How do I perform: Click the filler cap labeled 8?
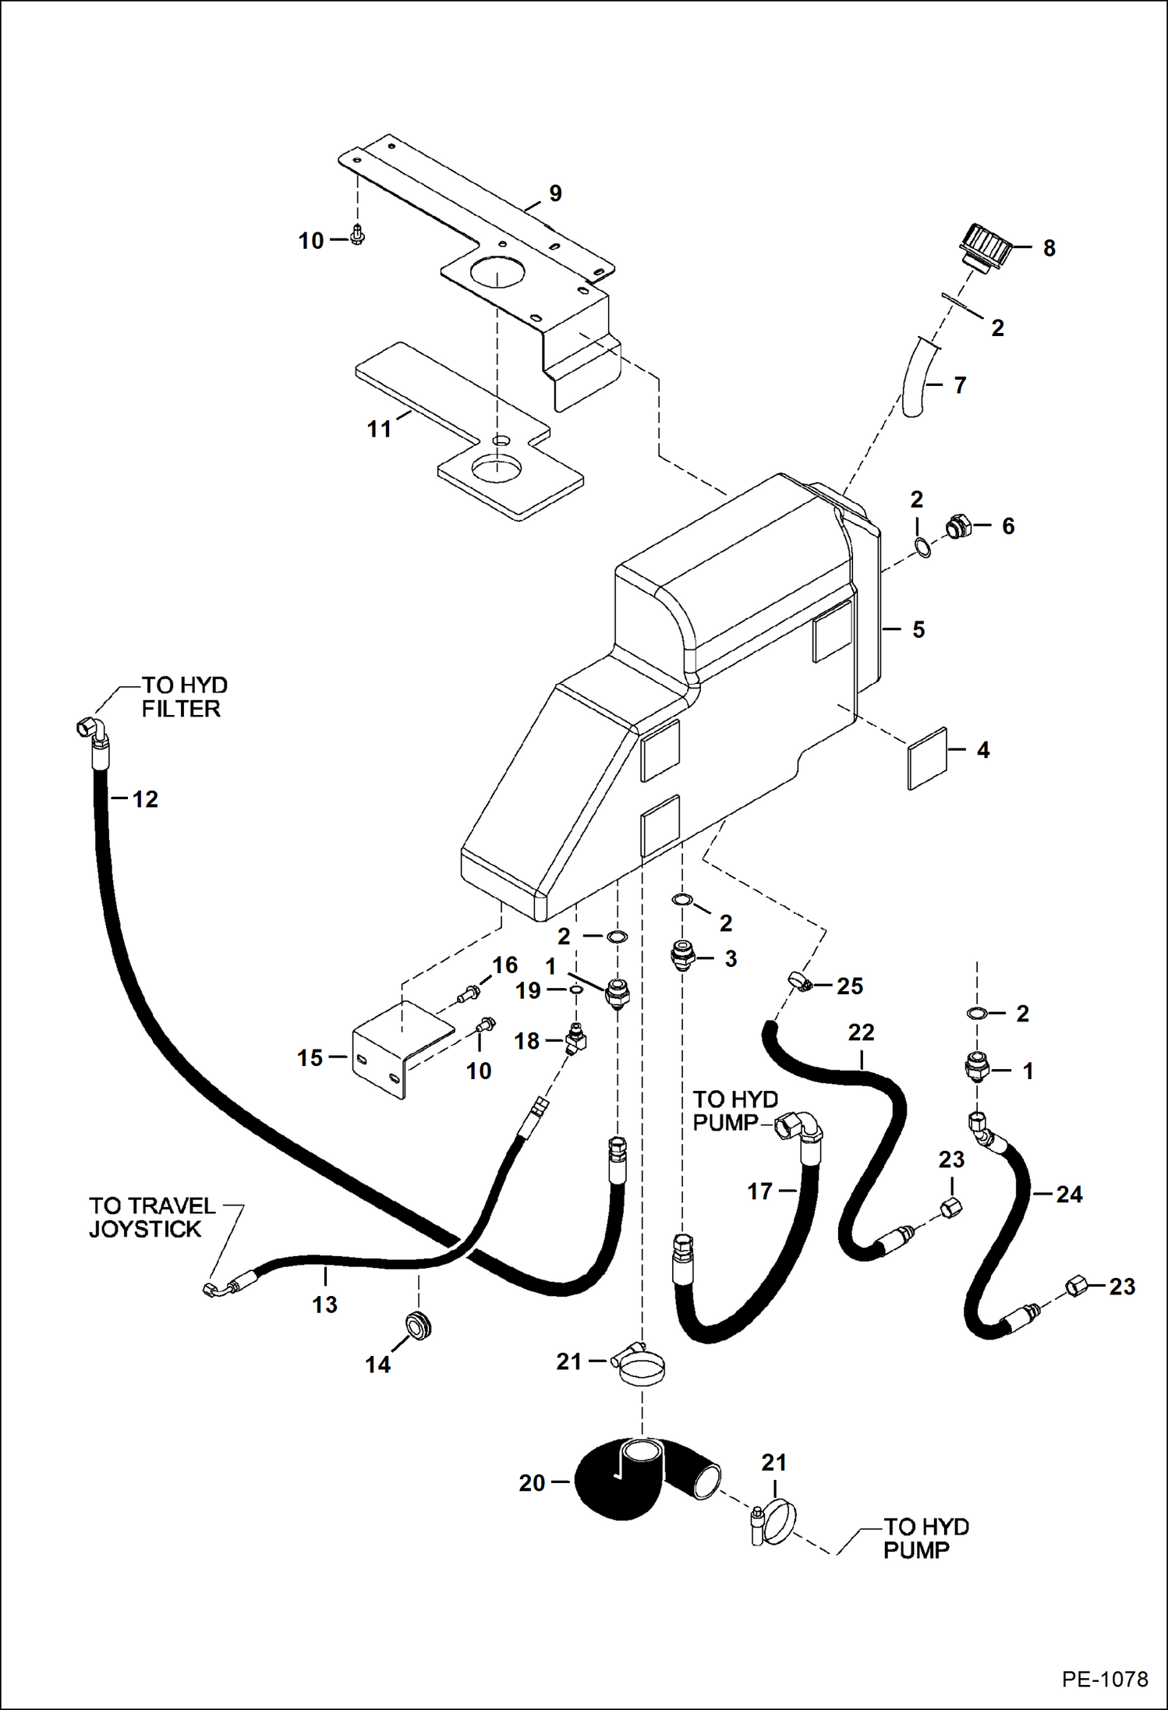coord(986,247)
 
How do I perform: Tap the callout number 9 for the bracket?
coord(555,193)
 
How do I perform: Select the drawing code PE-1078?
coord(1104,1679)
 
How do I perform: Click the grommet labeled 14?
coord(418,1325)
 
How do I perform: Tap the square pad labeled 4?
coord(927,758)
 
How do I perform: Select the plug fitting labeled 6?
coord(957,526)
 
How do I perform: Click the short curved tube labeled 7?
coord(918,378)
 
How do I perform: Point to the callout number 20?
coord(532,1482)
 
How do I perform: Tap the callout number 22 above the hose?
coord(861,1032)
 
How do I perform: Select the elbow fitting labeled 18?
coord(575,1040)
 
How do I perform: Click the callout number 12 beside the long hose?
coord(145,799)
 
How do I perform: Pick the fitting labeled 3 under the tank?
coord(682,956)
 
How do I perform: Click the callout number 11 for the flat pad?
coord(379,429)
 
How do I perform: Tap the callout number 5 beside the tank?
coord(918,629)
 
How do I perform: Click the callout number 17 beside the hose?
coord(759,1191)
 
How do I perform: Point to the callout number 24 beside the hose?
coord(1069,1194)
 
